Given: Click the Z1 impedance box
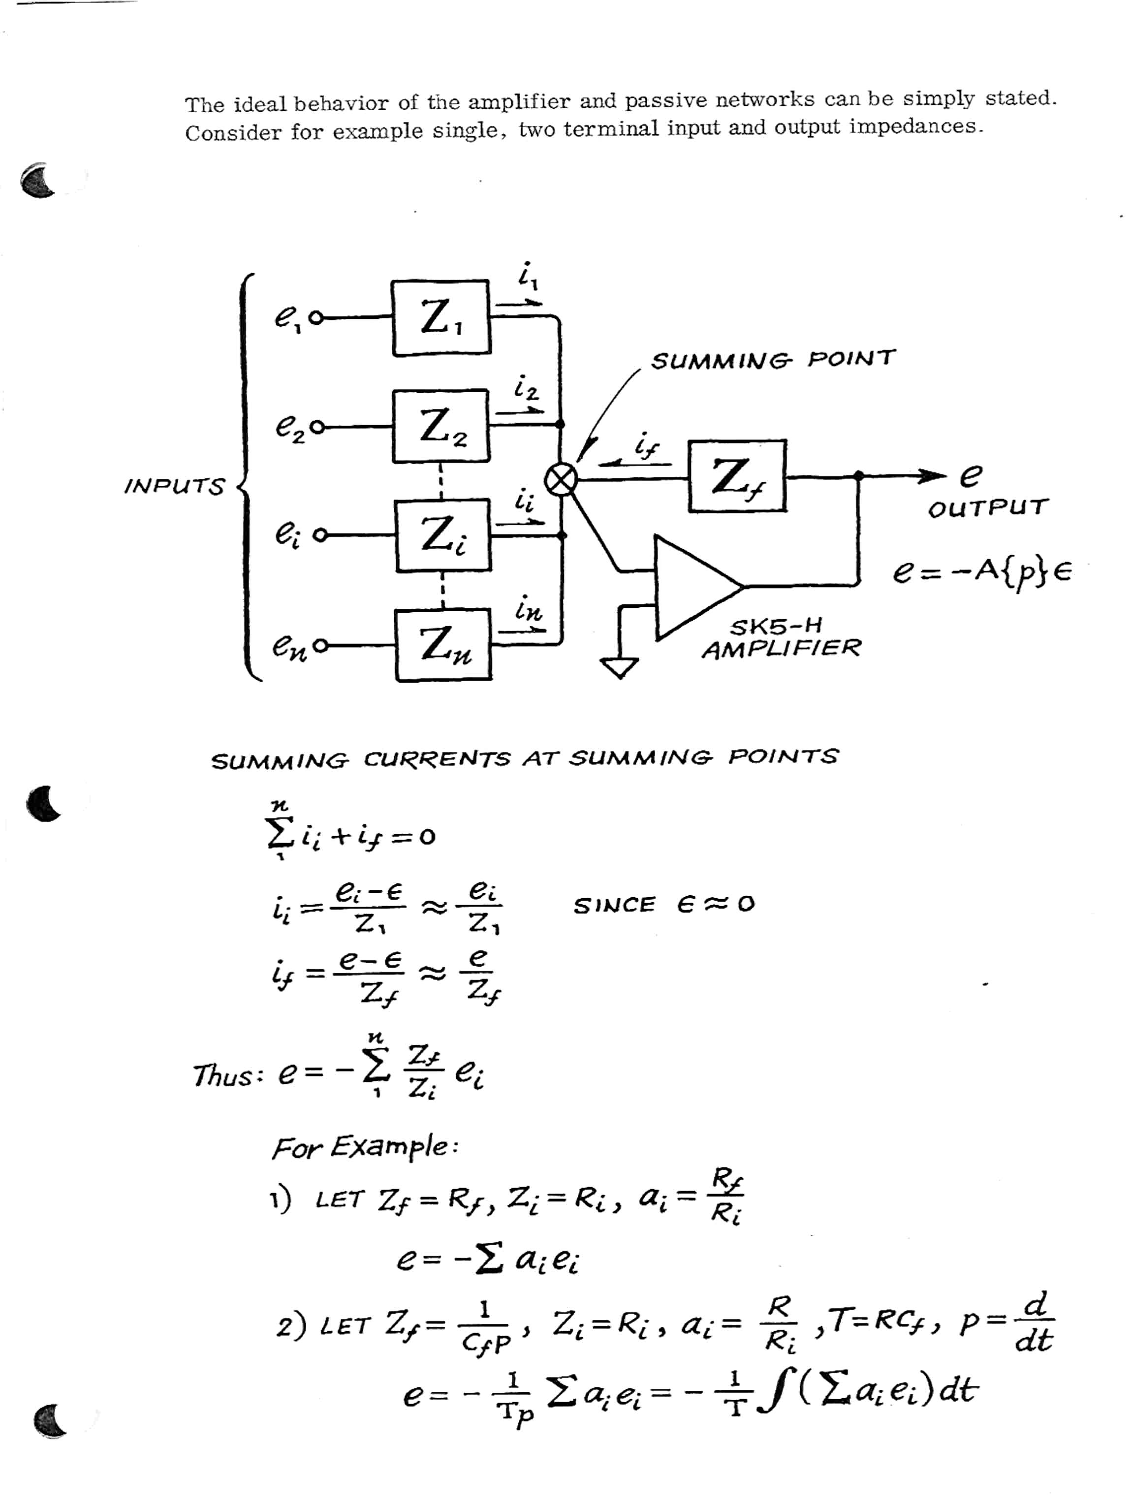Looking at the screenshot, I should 440,318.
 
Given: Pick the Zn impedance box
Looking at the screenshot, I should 442,645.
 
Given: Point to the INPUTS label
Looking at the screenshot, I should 174,486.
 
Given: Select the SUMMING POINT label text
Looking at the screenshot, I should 773,359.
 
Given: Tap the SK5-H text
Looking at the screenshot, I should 775,625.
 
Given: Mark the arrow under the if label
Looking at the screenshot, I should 634,463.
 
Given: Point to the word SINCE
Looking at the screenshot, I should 614,906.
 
